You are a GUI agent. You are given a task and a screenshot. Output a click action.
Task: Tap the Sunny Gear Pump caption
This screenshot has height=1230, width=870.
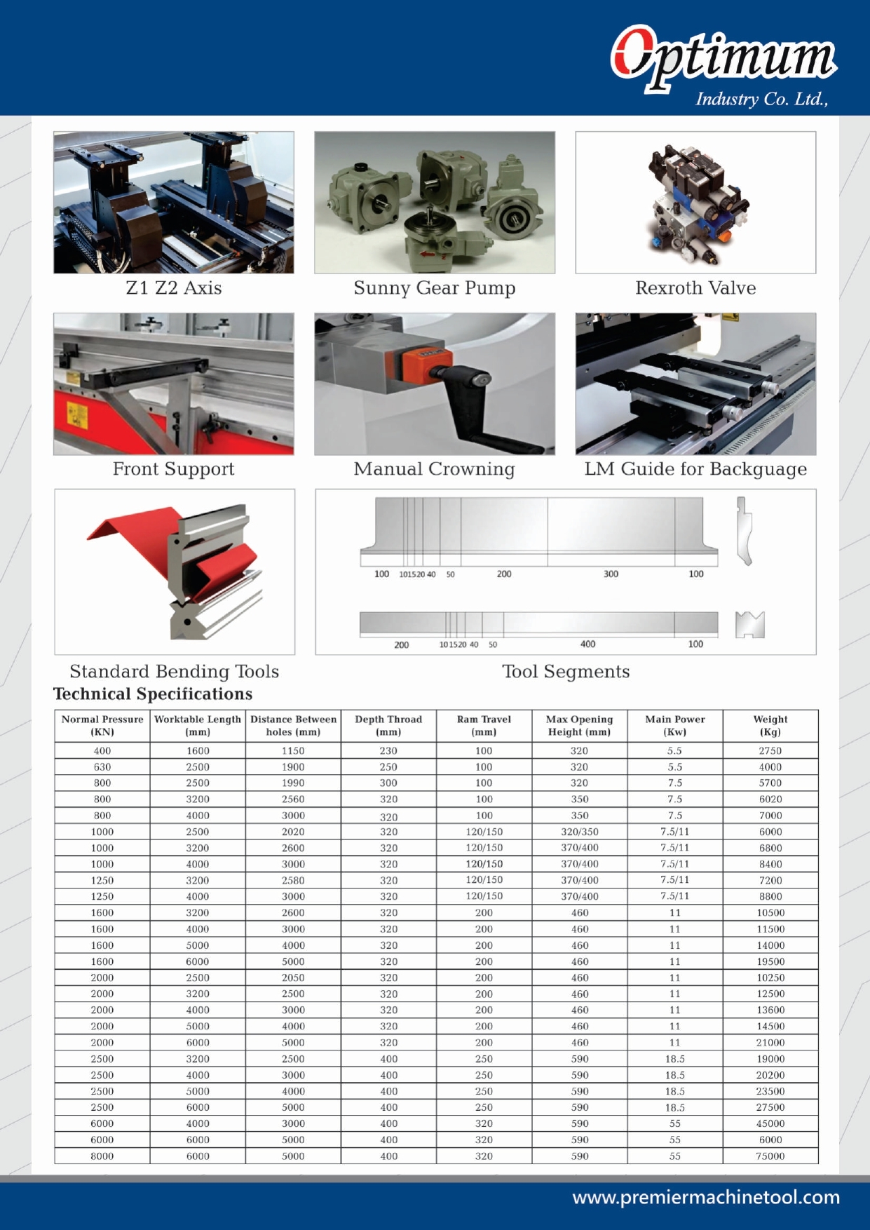tap(434, 288)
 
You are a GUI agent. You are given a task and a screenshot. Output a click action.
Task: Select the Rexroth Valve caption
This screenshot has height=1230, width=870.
tap(695, 288)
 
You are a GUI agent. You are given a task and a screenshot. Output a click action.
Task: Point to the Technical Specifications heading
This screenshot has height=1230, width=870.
tap(153, 694)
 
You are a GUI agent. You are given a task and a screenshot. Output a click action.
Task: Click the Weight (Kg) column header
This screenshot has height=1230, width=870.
tap(770, 726)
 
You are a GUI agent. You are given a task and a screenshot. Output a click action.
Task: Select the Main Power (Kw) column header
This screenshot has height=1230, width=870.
tap(674, 726)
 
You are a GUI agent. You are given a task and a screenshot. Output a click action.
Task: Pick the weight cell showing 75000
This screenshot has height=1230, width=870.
tap(770, 1156)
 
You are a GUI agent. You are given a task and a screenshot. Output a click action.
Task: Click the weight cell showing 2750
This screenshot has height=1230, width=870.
tap(770, 751)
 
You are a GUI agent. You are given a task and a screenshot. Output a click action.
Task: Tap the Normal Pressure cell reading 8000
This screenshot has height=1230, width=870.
tap(102, 1156)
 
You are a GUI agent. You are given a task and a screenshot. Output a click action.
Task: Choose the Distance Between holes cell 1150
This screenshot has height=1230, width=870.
tap(293, 751)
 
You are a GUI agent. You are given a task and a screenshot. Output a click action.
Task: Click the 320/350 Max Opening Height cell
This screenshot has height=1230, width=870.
tap(579, 832)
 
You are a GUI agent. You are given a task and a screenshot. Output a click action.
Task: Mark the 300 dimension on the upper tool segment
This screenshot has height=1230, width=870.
tap(611, 574)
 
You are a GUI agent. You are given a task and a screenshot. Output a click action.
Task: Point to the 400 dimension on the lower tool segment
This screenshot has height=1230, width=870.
tap(587, 644)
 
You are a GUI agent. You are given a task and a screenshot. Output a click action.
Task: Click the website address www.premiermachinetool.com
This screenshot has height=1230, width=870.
tap(706, 1197)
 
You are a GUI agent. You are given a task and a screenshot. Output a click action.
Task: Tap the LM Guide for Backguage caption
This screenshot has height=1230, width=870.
tap(695, 469)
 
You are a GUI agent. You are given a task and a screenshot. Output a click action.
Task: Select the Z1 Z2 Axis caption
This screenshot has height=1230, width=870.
tap(174, 288)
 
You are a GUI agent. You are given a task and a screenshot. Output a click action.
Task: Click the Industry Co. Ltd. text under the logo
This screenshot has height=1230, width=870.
tap(761, 100)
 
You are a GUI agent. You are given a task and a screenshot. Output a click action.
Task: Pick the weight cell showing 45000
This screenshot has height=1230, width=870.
tap(770, 1123)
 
